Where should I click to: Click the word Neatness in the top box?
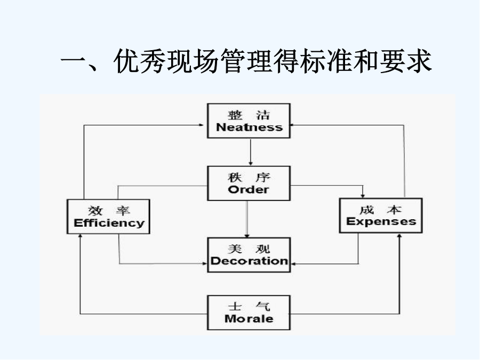[x=249, y=127]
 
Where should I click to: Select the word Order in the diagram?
[x=249, y=189]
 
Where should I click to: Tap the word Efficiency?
[x=109, y=223]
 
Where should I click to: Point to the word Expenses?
[x=381, y=221]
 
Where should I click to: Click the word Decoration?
[x=249, y=261]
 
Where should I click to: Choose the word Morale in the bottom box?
[x=249, y=319]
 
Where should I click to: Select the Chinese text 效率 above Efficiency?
[x=109, y=211]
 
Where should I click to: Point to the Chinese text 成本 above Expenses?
[x=380, y=210]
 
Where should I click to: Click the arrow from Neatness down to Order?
[x=251, y=152]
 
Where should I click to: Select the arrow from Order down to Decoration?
[x=247, y=219]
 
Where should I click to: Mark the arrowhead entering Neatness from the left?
[x=202, y=125]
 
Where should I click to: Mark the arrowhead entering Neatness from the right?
[x=292, y=125]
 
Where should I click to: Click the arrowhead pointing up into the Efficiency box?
[x=80, y=236]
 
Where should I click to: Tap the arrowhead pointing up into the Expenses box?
[x=399, y=236]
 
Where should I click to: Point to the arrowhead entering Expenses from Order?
[x=363, y=196]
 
